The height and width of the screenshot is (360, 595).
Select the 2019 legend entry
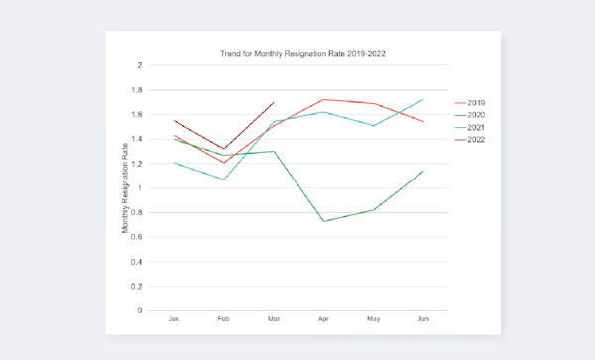475,102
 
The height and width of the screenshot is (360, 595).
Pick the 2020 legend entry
475,115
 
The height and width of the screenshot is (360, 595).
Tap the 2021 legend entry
475,128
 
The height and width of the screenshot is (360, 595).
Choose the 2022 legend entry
475,140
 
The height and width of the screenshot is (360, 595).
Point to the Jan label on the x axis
175,320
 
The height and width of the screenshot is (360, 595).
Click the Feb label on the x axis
224,320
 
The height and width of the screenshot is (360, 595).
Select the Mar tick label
274,320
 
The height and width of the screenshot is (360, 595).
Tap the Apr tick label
323,320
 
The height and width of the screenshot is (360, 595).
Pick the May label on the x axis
373,320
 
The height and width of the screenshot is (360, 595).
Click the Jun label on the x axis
423,320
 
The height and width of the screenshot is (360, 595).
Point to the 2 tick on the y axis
140,65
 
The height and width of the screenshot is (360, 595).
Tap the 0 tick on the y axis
140,310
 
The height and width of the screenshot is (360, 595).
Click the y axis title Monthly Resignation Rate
126,188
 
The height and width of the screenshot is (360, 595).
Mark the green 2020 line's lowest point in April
323,221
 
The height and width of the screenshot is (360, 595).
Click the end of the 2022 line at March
274,102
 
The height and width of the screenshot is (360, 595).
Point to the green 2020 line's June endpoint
423,171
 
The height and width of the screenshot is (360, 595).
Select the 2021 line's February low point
224,180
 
